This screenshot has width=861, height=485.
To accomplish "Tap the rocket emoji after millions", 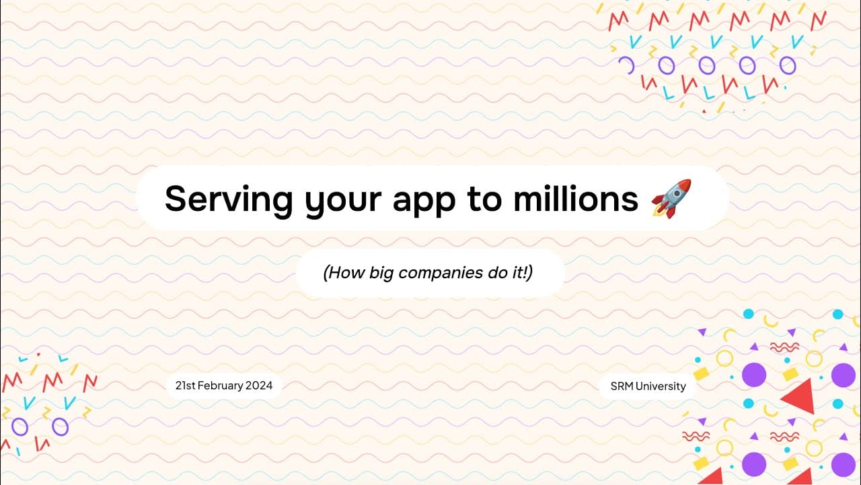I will click(x=671, y=198).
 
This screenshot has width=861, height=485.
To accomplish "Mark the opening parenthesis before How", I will click(x=326, y=273).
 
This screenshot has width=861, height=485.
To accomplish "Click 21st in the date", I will click(x=185, y=386).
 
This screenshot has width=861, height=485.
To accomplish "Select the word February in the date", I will click(x=223, y=386).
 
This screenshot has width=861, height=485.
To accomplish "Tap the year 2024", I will click(x=260, y=386).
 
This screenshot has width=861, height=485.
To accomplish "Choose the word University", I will click(x=661, y=386).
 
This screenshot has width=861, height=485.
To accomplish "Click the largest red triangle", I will click(x=800, y=397).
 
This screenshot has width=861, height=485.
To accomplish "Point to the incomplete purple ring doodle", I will click(x=626, y=65).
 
